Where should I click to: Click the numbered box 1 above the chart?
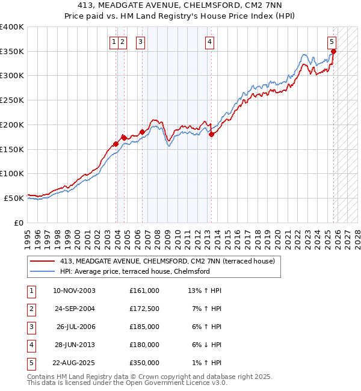click(x=114, y=42)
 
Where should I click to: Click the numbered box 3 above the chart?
click(x=140, y=42)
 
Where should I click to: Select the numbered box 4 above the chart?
click(x=209, y=42)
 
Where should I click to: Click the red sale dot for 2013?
click(x=211, y=135)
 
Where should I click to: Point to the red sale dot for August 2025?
click(x=333, y=52)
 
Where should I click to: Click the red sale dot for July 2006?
click(x=143, y=132)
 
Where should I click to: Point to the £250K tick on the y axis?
click(x=12, y=100)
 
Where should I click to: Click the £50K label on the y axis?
click(x=14, y=198)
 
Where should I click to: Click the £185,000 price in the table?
click(x=144, y=327)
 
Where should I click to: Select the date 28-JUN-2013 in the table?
click(x=73, y=345)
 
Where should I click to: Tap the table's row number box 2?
click(x=31, y=309)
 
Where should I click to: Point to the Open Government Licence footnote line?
click(x=128, y=383)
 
